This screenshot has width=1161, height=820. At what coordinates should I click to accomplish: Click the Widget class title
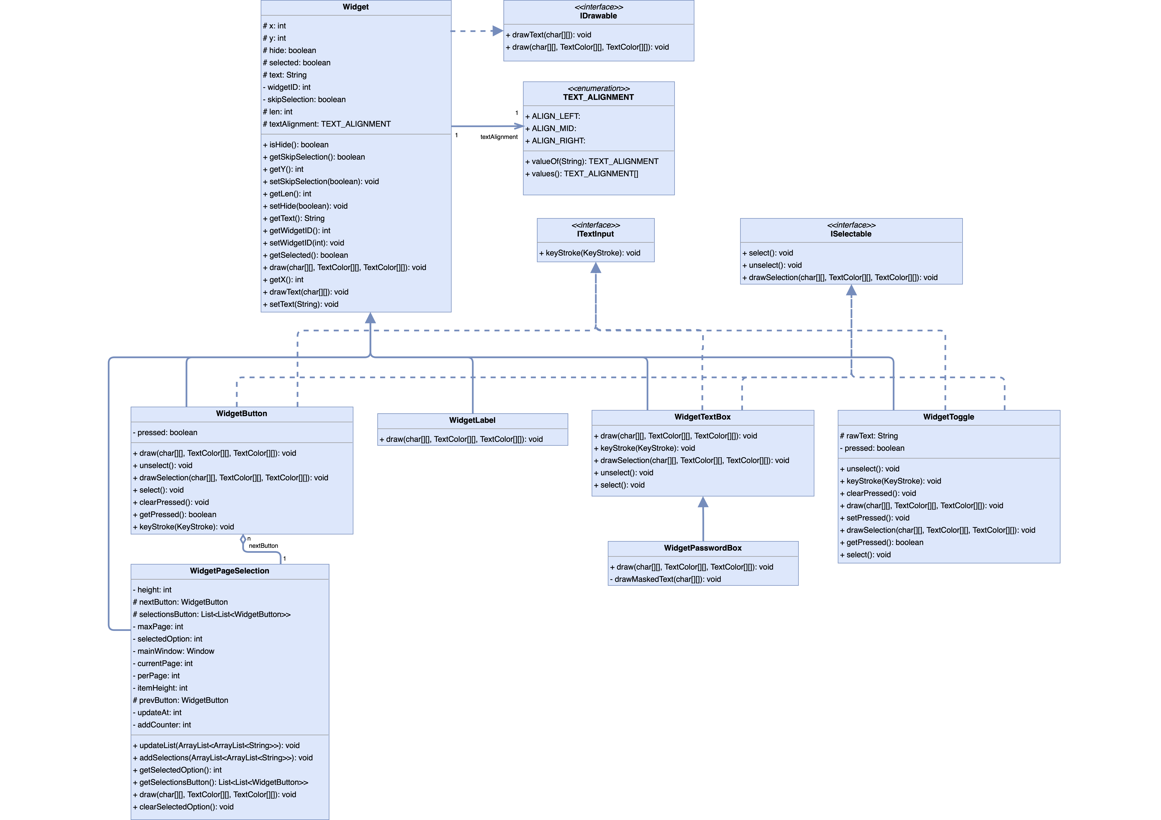pos(355,7)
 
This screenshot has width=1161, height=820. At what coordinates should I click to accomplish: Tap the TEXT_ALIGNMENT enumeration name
pos(598,97)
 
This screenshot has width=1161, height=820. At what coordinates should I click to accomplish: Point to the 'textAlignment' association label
pos(499,137)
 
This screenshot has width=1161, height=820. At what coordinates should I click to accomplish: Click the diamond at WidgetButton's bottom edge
pos(243,539)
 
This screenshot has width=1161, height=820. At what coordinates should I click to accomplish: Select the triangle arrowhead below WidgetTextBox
pos(703,502)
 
